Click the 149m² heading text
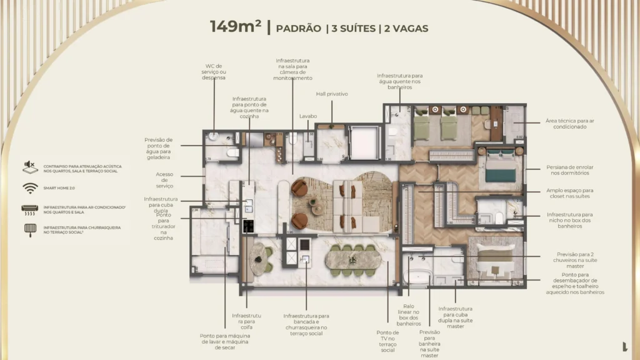pyautogui.click(x=236, y=27)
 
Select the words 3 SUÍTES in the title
pyautogui.click(x=352, y=28)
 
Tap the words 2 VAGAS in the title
pyautogui.click(x=406, y=28)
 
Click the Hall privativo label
pyautogui.click(x=331, y=94)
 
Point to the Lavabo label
pyautogui.click(x=308, y=116)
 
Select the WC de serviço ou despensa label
pyautogui.click(x=214, y=71)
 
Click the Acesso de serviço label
pyautogui.click(x=164, y=180)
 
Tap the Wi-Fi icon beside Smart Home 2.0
pyautogui.click(x=29, y=188)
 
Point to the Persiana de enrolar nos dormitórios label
pyautogui.click(x=569, y=171)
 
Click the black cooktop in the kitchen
pyautogui.click(x=248, y=226)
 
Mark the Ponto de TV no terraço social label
pyautogui.click(x=387, y=341)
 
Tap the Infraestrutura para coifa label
pyautogui.click(x=246, y=322)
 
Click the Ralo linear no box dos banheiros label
pyautogui.click(x=408, y=314)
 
